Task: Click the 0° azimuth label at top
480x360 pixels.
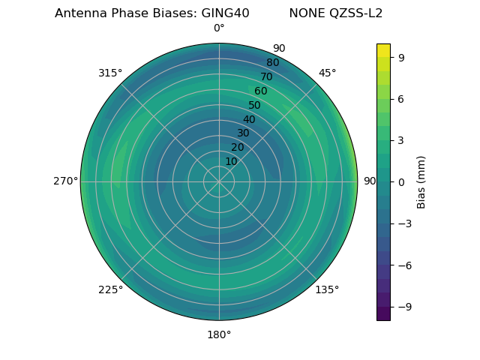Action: pyautogui.click(x=219, y=28)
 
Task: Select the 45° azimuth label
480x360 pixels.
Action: pyautogui.click(x=327, y=73)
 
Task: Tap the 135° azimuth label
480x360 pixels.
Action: pyautogui.click(x=327, y=289)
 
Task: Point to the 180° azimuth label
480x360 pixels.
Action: pyautogui.click(x=219, y=334)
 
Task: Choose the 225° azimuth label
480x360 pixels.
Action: pyautogui.click(x=110, y=289)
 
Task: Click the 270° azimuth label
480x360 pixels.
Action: pyautogui.click(x=65, y=181)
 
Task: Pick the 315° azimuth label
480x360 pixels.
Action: pyautogui.click(x=110, y=73)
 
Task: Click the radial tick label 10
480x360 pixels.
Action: pyautogui.click(x=231, y=161)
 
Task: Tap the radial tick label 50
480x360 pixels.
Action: pyautogui.click(x=255, y=106)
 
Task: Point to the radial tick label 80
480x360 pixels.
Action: pyautogui.click(x=273, y=63)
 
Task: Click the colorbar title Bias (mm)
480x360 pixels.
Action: pyautogui.click(x=421, y=181)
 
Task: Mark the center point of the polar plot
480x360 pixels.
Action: pyautogui.click(x=219, y=181)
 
